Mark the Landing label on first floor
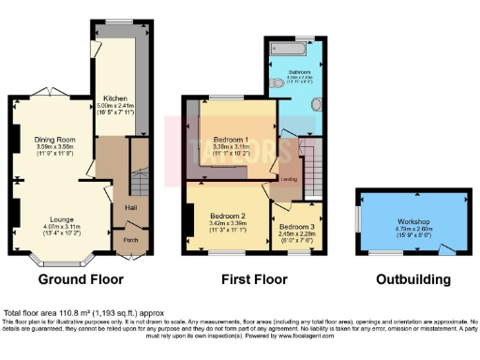tap(289, 178)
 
